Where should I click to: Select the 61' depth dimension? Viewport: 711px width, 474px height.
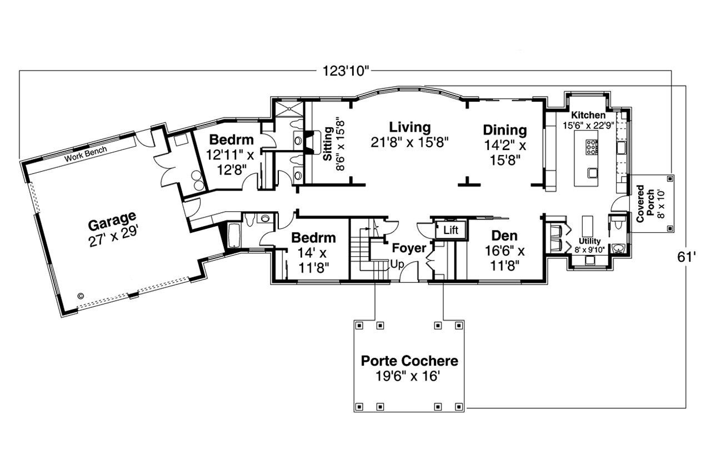pos(687,257)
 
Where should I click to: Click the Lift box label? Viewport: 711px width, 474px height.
pos(451,230)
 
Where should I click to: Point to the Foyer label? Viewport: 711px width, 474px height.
pos(409,248)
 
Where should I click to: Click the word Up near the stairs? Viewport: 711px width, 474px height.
pos(397,265)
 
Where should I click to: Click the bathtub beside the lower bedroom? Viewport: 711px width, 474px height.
pos(233,235)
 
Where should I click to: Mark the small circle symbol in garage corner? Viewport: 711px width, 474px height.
pos(81,296)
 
